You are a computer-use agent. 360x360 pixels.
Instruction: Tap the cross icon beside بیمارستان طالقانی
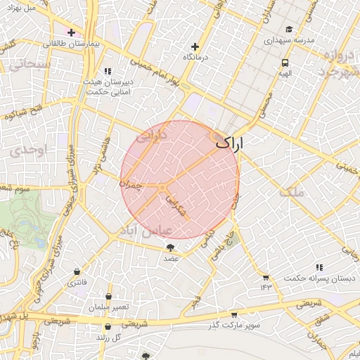click(x=71, y=32)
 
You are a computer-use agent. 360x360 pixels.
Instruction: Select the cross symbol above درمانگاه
click(x=195, y=46)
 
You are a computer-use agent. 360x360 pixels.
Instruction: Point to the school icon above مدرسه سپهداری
click(x=289, y=30)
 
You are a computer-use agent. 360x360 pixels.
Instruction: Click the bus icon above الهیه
click(x=285, y=62)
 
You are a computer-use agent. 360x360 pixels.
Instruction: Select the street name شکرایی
click(x=175, y=210)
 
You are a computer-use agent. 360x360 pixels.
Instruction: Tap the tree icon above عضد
click(x=170, y=247)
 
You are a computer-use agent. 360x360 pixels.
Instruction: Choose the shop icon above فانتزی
click(x=76, y=272)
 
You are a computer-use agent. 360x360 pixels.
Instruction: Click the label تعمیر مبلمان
click(x=109, y=307)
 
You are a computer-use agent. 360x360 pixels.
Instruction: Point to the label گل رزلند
click(x=108, y=336)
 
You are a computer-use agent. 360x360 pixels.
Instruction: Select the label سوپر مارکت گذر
click(x=233, y=324)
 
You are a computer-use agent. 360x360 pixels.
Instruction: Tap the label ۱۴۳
click(x=266, y=287)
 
